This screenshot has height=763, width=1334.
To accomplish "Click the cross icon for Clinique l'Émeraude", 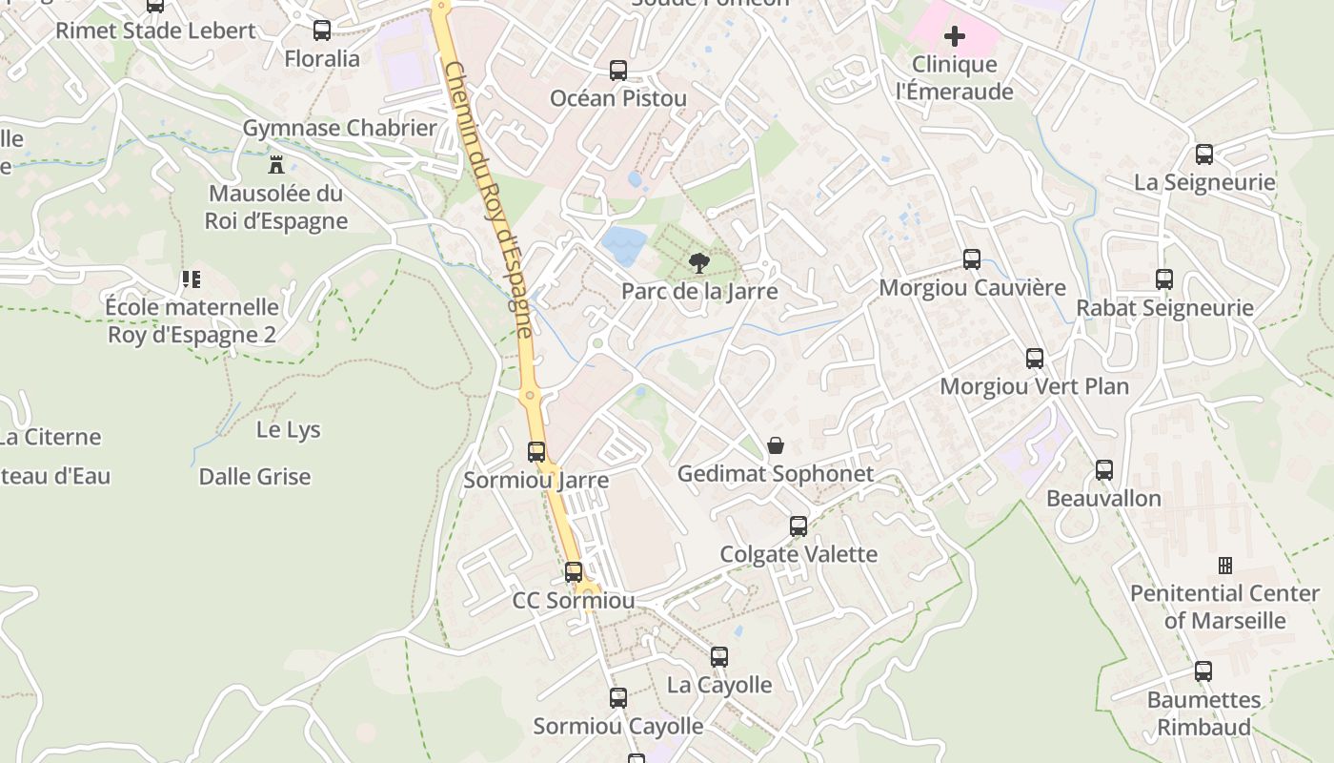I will coord(954,36).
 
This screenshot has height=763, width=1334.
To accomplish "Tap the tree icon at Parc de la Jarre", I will coord(699,263).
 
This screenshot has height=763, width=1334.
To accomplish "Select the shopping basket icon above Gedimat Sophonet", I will coord(776,445).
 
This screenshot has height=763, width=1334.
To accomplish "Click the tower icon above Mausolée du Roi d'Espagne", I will coord(276,164).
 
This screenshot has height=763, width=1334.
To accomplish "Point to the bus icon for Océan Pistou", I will coord(618,70).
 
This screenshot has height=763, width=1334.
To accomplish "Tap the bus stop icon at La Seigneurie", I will coord(1204,154).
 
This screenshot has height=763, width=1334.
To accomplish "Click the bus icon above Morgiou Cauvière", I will coord(972,258).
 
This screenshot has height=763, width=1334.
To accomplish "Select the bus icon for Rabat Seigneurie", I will coord(1164,279).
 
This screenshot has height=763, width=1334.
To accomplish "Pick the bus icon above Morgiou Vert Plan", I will coord(1035,359).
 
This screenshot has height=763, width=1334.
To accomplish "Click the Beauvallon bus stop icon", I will coord(1104,470).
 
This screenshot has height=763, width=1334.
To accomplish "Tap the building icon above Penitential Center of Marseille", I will coord(1225,566).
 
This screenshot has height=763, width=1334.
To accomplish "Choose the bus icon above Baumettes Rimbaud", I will coord(1203,671).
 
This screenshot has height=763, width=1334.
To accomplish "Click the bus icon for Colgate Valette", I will coord(798,526).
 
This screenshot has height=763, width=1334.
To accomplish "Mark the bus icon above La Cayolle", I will coord(719,657).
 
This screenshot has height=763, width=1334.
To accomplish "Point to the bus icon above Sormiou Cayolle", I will coord(618,698).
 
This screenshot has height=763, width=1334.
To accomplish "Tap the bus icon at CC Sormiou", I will coord(574,572).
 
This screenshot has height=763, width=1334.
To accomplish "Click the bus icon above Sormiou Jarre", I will coord(536,452).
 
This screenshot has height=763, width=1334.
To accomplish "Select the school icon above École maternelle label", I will coord(192,279).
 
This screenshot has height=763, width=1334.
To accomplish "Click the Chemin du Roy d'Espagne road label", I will coord(489,200).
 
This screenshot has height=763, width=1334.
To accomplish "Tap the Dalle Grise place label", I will coord(254,476).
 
